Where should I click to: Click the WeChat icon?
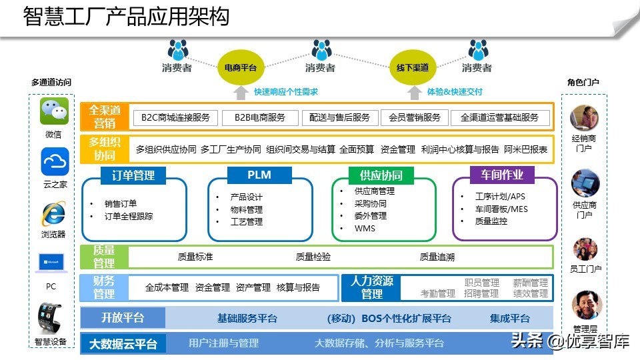tap(54, 111)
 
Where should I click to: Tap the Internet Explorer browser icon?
tap(53, 214)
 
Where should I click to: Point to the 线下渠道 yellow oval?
tap(412, 67)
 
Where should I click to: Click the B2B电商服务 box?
tap(259, 117)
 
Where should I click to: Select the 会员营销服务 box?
tap(415, 117)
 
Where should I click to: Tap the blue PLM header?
tap(259, 175)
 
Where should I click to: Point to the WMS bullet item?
tap(365, 228)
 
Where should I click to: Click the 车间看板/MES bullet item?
tap(501, 209)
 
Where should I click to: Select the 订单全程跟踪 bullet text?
tap(129, 216)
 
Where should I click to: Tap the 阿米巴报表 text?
tap(525, 149)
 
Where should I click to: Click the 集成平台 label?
tap(510, 318)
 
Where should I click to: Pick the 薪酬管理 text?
tap(531, 283)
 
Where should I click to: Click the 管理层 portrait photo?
tap(587, 305)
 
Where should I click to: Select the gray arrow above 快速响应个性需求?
tap(241, 91)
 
